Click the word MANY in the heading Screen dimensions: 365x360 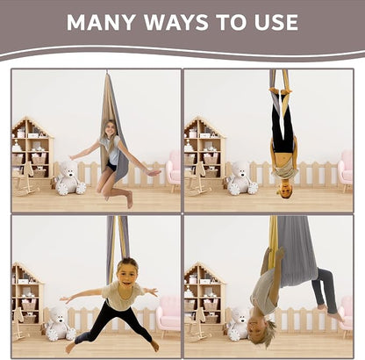pyautogui.click(x=101, y=22)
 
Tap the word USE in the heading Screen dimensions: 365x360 pyautogui.click(x=276, y=22)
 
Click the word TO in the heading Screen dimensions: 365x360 pyautogui.click(x=231, y=22)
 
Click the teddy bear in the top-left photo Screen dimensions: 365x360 pyautogui.click(x=70, y=178)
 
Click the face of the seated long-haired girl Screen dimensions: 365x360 pyautogui.click(x=110, y=128)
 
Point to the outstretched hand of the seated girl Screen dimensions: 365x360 pyautogui.click(x=154, y=172)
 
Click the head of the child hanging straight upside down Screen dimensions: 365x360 pyautogui.click(x=283, y=190)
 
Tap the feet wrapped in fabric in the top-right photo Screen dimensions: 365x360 pyautogui.click(x=280, y=90)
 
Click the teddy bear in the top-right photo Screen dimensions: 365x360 pyautogui.click(x=242, y=178)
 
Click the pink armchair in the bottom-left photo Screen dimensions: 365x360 pyautogui.click(x=168, y=315)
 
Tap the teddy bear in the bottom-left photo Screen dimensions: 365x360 pyautogui.click(x=60, y=324)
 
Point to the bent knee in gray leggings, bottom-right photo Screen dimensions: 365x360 pyautogui.click(x=324, y=273)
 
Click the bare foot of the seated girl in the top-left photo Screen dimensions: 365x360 pyautogui.click(x=130, y=199)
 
